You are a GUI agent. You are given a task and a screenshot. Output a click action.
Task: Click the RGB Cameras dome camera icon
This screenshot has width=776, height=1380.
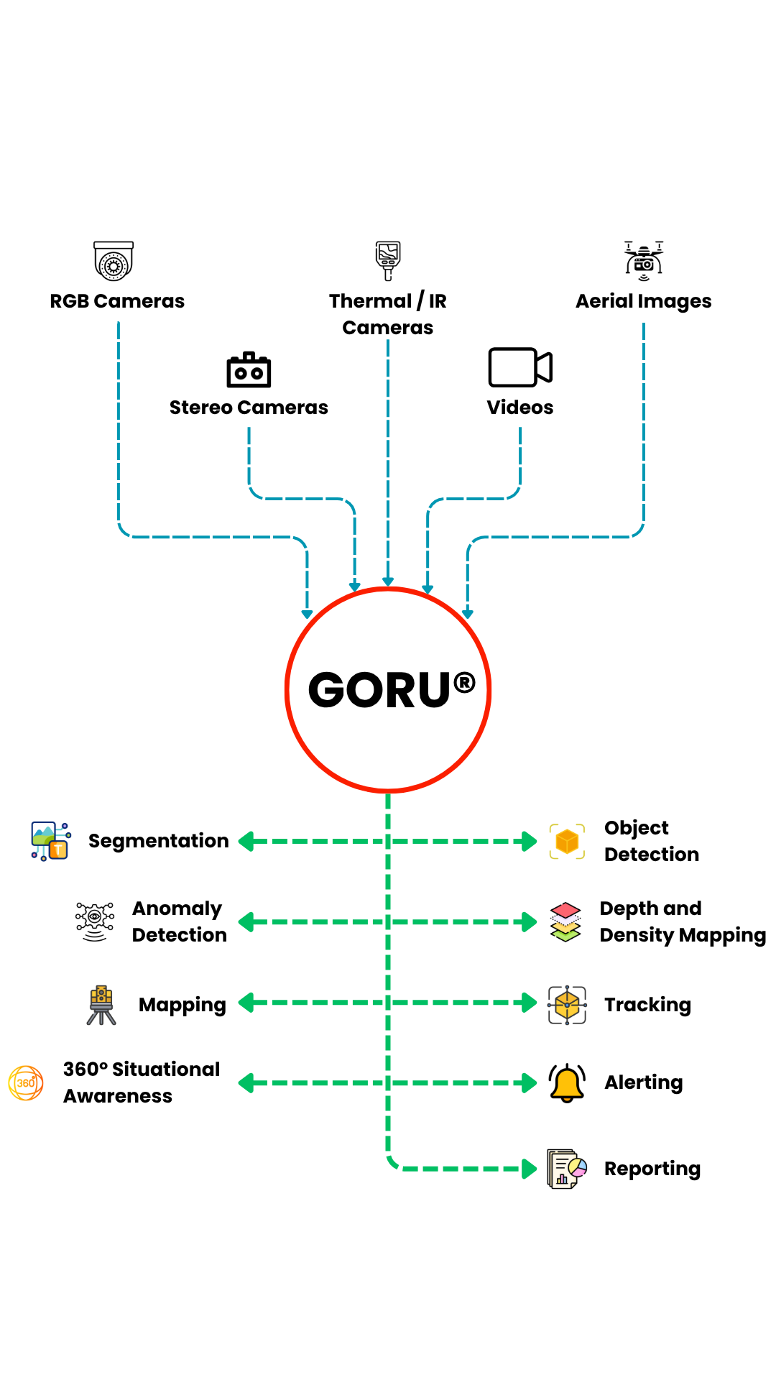[x=114, y=260]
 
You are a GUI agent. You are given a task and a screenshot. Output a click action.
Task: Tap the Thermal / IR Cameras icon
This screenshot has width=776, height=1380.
[x=388, y=260]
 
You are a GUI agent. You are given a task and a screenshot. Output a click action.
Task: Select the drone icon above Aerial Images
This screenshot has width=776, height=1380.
[x=644, y=260]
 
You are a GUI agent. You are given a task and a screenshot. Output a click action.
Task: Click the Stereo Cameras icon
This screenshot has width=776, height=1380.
[x=249, y=370]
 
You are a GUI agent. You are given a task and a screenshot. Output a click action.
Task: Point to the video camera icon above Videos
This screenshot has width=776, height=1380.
[x=519, y=367]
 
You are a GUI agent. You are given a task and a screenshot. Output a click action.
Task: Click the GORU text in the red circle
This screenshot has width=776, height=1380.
[x=379, y=691]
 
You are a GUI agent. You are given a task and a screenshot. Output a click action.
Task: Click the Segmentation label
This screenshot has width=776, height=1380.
[x=158, y=841]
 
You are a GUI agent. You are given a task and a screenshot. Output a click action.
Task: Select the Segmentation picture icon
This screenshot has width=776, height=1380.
[x=50, y=841]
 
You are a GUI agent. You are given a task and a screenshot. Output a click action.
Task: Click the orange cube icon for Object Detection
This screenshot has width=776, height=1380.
[x=567, y=841]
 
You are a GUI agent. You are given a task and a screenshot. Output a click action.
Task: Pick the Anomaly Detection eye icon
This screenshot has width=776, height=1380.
[x=95, y=921]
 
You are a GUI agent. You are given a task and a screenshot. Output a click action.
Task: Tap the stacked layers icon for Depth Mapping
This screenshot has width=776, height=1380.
[x=565, y=921]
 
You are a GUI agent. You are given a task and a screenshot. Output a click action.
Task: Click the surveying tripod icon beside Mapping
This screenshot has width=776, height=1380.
[x=101, y=1004]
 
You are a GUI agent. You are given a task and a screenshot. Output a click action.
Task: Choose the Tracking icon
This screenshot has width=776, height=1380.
[x=567, y=1004]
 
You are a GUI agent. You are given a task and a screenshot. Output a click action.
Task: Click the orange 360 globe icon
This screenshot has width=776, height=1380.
[x=26, y=1082]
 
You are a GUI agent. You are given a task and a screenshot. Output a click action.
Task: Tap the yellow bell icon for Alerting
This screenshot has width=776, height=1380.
[x=567, y=1082]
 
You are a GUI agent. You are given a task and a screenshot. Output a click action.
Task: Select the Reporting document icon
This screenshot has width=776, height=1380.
[x=567, y=1169]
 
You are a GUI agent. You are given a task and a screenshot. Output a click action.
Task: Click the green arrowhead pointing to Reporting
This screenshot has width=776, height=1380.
[x=530, y=1169]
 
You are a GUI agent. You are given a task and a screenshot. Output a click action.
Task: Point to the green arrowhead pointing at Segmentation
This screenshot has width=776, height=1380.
[x=246, y=841]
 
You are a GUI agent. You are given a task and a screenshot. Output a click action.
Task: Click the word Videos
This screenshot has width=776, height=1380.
[x=520, y=408]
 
